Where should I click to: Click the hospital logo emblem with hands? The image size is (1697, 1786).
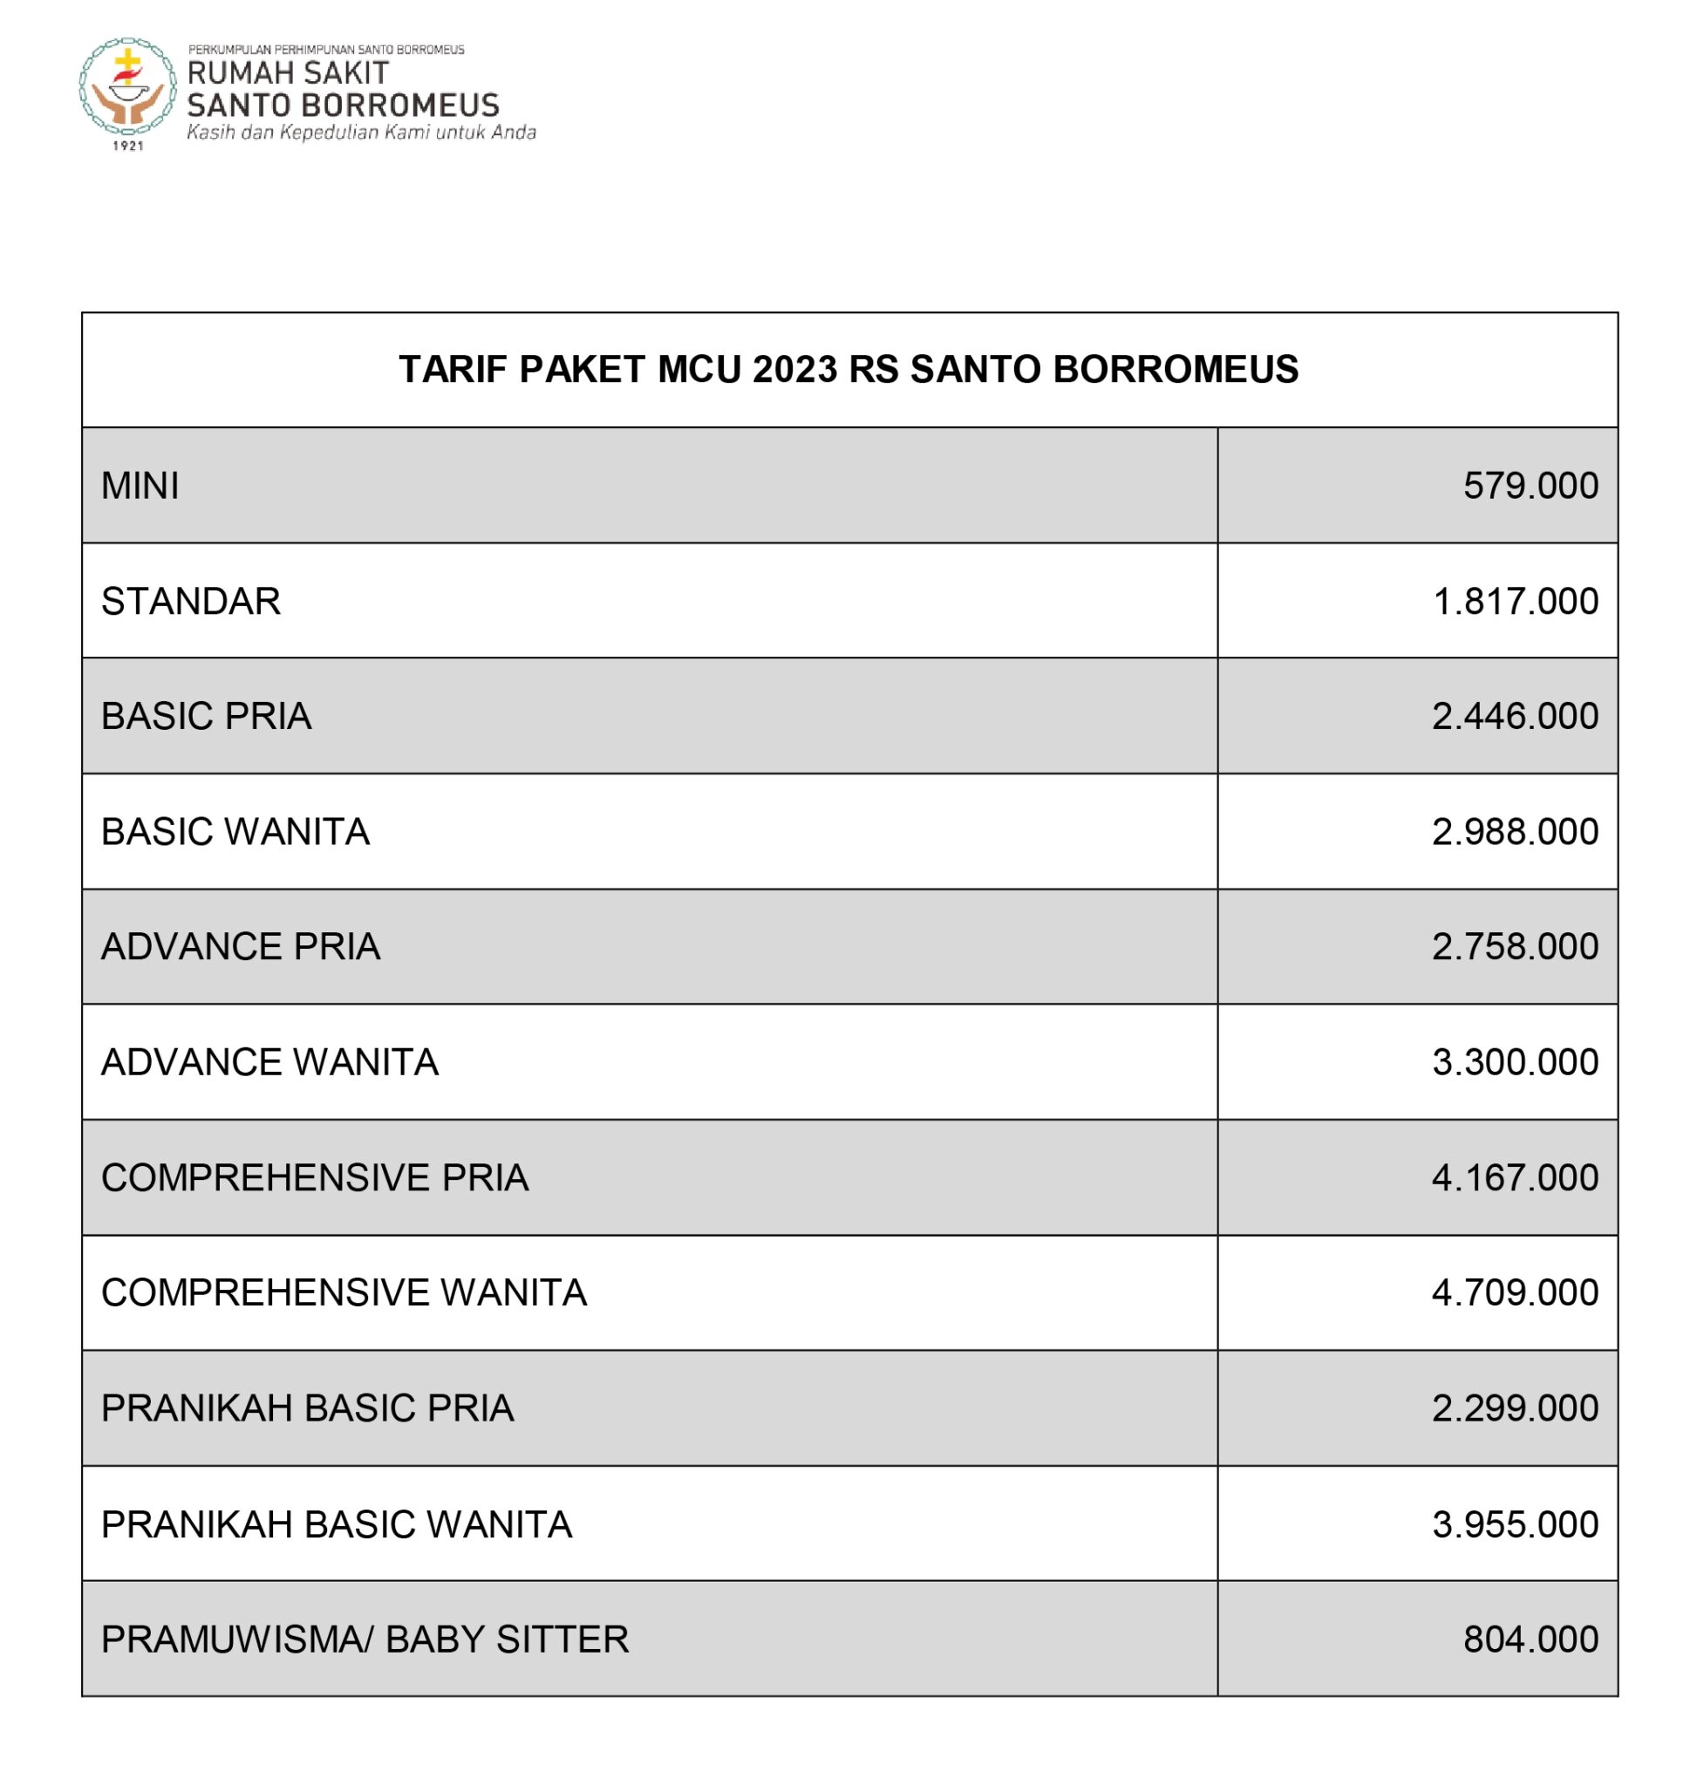coord(127,88)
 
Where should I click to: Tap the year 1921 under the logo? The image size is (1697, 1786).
coord(128,146)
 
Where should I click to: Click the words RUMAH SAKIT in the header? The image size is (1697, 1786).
coord(288,73)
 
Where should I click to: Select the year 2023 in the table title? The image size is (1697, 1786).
coord(794,370)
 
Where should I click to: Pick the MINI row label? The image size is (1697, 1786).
coord(140,486)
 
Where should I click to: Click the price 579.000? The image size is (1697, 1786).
coord(1530,486)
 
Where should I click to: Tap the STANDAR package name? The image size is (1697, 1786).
coord(191,602)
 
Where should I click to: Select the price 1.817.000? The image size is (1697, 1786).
coord(1516,602)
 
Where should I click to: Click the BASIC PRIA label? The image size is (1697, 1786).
coord(207,717)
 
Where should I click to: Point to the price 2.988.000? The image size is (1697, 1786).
coord(1516,832)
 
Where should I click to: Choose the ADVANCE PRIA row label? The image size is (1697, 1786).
coord(241,947)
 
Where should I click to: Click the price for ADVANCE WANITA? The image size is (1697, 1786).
coord(1516,1062)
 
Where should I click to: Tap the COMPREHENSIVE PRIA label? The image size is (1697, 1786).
coord(315,1178)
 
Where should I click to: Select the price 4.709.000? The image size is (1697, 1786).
coord(1516,1293)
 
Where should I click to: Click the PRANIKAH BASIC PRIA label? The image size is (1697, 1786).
coord(308,1408)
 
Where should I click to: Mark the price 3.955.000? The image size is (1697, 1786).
coord(1516,1524)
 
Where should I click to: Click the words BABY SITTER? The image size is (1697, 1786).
coord(507,1639)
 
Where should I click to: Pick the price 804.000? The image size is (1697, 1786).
coord(1530,1639)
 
